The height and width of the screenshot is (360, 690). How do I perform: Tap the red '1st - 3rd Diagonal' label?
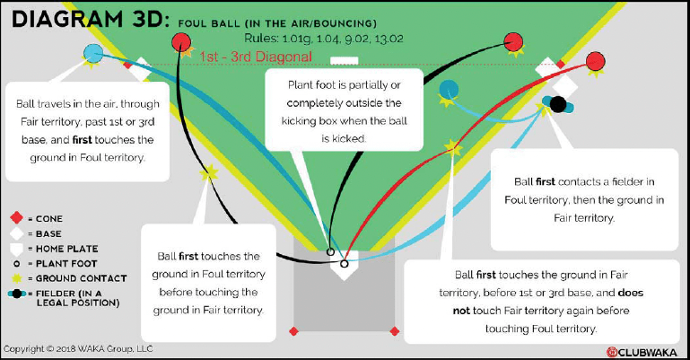(257, 56)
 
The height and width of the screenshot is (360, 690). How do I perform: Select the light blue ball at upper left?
(92, 52)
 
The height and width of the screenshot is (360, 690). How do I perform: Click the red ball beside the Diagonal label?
(181, 40)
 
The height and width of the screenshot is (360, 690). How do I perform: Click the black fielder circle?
(558, 104)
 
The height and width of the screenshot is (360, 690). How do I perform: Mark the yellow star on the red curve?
(452, 150)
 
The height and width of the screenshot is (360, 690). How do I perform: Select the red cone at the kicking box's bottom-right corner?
(394, 331)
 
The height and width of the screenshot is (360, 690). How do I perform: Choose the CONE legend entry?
(48, 218)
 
